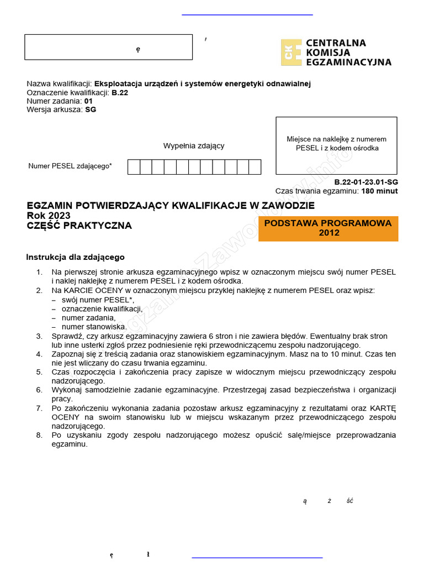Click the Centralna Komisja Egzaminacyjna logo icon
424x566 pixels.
(x=291, y=53)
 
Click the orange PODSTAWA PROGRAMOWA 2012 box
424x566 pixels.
(x=328, y=228)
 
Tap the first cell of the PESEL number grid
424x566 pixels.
(x=134, y=167)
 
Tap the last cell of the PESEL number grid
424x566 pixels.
(x=255, y=167)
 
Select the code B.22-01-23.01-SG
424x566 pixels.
(x=365, y=182)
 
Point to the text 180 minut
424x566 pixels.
(x=379, y=191)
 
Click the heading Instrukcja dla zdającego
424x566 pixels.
(x=76, y=257)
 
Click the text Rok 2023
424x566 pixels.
(x=49, y=216)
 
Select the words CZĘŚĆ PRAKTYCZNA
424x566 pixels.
(x=79, y=226)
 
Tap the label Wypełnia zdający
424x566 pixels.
(x=194, y=146)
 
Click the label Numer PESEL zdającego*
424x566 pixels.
(x=70, y=166)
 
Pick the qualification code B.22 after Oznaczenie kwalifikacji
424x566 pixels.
(x=120, y=93)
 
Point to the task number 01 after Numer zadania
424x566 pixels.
(x=89, y=101)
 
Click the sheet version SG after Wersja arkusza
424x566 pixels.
(x=91, y=109)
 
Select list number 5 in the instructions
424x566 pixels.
(x=39, y=372)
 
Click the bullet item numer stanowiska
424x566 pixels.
(x=94, y=327)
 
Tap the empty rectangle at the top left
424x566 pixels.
(x=108, y=47)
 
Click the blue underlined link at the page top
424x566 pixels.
(x=247, y=14)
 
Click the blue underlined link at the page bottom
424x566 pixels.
(x=257, y=558)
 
